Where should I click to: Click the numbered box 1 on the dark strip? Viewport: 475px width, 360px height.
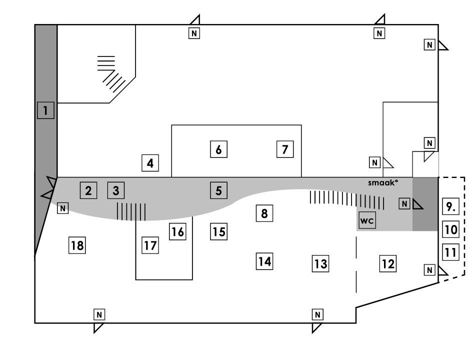(x=45, y=110)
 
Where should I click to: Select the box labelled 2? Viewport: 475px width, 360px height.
(x=88, y=190)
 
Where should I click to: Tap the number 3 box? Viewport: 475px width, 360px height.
(x=116, y=190)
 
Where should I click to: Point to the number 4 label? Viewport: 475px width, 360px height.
(x=150, y=162)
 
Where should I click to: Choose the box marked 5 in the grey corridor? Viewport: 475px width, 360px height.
(x=218, y=190)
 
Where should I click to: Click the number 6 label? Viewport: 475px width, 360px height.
(x=218, y=149)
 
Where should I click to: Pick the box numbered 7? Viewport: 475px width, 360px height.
(x=285, y=149)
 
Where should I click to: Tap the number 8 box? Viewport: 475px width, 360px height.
(x=264, y=213)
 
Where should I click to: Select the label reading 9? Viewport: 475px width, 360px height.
(x=451, y=206)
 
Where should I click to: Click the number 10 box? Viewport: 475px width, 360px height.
(x=451, y=229)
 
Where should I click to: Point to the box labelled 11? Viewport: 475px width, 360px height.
(x=451, y=252)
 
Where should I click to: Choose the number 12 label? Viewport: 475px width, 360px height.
(x=388, y=263)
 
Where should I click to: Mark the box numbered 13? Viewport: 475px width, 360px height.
(x=320, y=263)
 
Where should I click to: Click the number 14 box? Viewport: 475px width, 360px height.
(x=264, y=261)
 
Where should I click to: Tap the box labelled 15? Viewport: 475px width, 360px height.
(x=218, y=231)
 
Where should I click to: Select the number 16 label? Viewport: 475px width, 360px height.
(x=177, y=231)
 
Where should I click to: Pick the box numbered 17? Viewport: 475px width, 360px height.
(x=150, y=245)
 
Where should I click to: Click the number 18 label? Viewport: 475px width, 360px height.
(x=77, y=245)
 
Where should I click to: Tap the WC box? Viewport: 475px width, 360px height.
(x=367, y=220)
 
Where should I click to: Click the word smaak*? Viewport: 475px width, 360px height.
(x=383, y=182)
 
